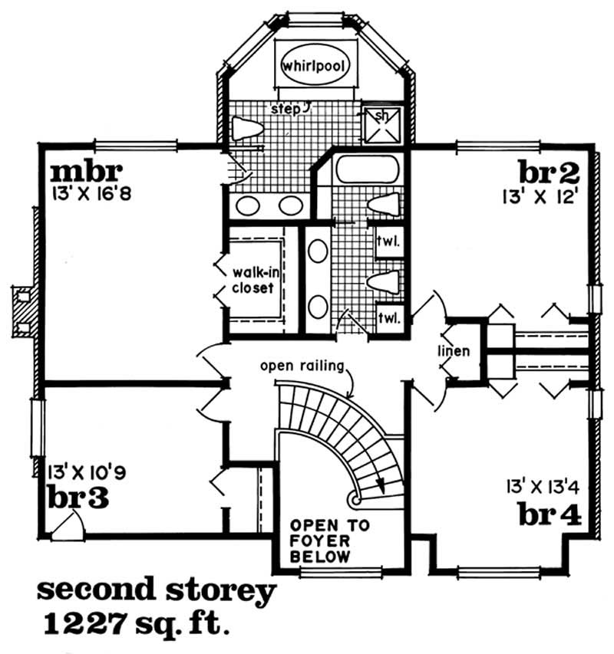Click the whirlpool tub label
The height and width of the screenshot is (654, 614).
314,66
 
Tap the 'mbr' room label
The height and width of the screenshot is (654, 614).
87,172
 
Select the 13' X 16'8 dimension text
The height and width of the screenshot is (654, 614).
92,193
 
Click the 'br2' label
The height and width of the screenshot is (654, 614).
549,172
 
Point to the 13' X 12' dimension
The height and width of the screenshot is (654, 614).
540,197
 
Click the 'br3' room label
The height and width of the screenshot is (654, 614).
78,497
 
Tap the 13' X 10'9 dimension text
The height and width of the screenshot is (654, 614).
87,472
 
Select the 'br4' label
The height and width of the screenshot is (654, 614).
550,514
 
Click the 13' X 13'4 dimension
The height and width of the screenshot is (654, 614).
543,487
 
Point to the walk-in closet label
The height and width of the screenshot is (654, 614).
255,281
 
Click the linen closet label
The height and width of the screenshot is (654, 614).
454,351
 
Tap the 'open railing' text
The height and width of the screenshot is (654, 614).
302,366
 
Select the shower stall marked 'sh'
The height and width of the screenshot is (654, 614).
381,124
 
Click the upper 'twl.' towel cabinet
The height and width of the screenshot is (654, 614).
389,242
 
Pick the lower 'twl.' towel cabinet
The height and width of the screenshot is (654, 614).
389,319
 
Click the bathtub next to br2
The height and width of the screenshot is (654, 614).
368,169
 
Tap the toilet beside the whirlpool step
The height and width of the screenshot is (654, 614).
247,128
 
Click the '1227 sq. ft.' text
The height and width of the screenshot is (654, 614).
137,624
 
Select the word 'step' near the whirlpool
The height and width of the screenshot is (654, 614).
286,110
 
